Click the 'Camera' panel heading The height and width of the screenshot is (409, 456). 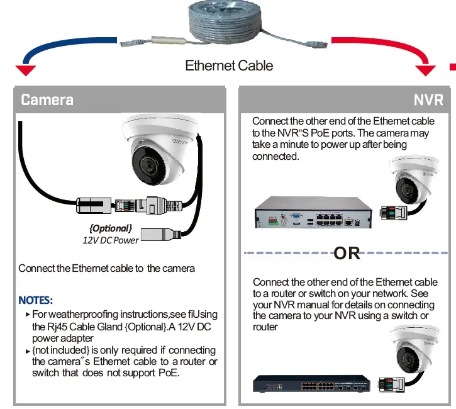(x=47, y=99)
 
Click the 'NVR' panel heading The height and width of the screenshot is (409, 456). (x=428, y=100)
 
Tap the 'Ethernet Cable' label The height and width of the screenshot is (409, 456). (x=229, y=66)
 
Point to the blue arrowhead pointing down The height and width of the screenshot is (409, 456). (x=26, y=69)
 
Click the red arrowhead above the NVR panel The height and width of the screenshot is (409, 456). (x=425, y=70)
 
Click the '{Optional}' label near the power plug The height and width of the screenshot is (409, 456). (x=110, y=228)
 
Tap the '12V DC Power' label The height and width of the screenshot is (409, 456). (x=110, y=240)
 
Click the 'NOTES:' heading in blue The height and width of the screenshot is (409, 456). (x=36, y=300)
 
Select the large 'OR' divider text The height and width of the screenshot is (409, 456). (x=347, y=253)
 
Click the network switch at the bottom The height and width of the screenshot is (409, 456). (x=311, y=384)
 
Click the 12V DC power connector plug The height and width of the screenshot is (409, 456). (x=161, y=233)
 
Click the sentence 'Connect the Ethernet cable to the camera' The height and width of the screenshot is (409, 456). (x=107, y=269)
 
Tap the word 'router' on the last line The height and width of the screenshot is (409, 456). (x=265, y=327)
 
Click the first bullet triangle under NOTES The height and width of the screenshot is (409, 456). (x=28, y=314)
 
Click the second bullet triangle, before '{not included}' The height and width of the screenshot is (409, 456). (x=28, y=350)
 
